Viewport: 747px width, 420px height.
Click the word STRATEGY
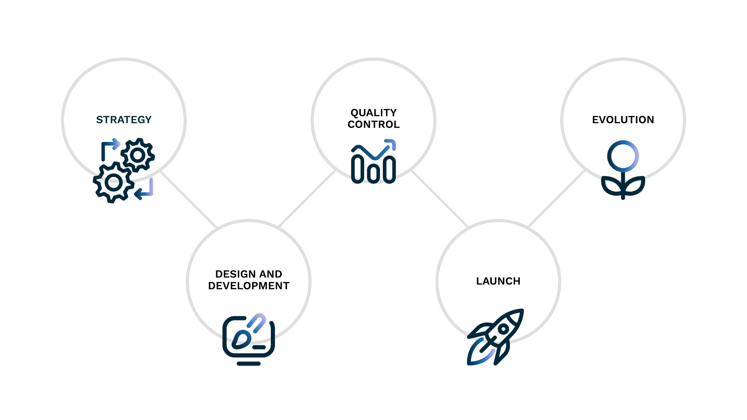click(124, 120)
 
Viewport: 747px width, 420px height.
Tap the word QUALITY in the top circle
click(373, 113)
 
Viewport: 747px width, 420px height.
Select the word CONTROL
click(373, 124)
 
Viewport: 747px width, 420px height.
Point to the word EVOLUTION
click(623, 120)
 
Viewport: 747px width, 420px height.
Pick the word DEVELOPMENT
click(249, 286)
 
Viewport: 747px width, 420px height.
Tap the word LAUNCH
click(498, 281)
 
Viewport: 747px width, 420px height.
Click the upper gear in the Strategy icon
click(138, 155)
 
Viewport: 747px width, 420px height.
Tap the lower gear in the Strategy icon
click(114, 182)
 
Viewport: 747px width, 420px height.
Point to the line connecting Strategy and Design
click(189, 199)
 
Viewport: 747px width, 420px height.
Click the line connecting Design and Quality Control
click(307, 198)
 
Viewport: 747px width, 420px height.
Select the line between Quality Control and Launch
click(440, 198)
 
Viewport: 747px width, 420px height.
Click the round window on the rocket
click(503, 329)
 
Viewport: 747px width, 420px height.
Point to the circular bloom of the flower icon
click(623, 156)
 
